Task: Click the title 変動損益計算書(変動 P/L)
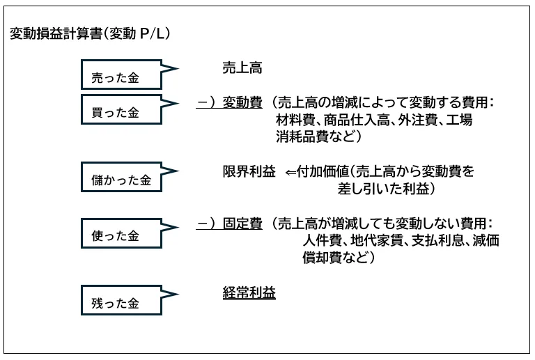click(91, 33)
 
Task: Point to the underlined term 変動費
click(242, 102)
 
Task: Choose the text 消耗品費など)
click(318, 136)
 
